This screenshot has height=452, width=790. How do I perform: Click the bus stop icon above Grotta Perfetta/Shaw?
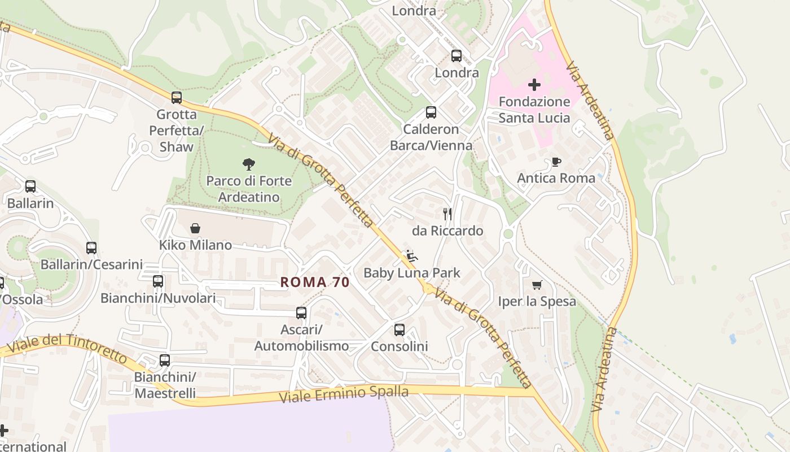pos(177,98)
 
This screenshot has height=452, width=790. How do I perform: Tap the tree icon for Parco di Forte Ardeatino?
pos(248,164)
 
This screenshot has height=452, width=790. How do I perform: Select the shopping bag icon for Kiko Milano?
pos(195,228)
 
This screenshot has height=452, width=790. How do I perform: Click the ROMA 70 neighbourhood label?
pos(315,282)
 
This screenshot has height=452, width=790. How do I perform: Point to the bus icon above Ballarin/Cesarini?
pos(91,247)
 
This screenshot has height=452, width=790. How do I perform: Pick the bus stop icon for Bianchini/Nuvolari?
pos(158,281)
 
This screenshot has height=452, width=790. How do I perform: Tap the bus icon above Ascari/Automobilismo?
pos(301,312)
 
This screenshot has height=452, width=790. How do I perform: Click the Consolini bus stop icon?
pos(400,329)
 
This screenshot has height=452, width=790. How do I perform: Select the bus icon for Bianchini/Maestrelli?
pos(165,360)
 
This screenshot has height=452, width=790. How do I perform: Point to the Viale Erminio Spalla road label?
pos(344,393)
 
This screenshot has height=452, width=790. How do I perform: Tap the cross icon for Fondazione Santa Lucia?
pos(534,85)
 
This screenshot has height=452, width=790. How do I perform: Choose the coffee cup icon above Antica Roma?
pos(556,162)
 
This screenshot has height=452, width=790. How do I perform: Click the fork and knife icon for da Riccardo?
pos(447,214)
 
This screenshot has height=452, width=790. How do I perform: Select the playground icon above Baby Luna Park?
pos(412,256)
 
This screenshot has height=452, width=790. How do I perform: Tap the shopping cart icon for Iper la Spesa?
pos(537,285)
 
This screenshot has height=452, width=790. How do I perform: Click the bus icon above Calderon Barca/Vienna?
pos(431,112)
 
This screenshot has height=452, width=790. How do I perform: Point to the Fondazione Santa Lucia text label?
pos(534,110)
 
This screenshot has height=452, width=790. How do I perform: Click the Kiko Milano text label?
pos(195,245)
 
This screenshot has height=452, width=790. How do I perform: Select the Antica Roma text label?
pos(556,179)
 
